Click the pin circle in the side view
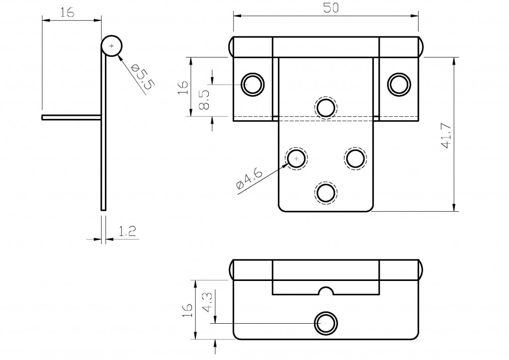pos(112,46)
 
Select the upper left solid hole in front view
pos(252,84)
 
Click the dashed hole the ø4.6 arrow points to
pos(296,158)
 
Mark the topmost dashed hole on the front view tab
pos(326,107)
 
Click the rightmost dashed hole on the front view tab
pos(355,158)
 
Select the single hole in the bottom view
pos(326,323)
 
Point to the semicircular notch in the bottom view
pos(326,290)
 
